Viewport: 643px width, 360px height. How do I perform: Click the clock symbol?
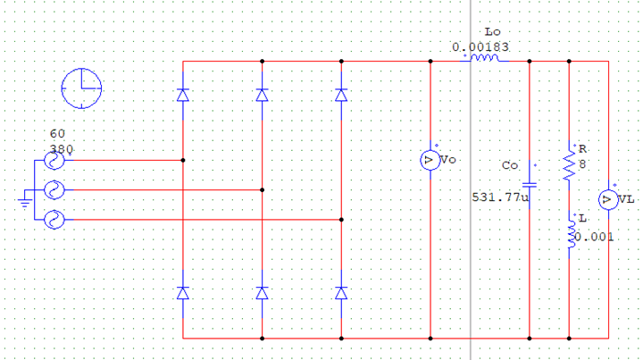click(81, 88)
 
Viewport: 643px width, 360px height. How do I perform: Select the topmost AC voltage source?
click(54, 160)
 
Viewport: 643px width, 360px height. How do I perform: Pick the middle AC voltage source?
click(54, 190)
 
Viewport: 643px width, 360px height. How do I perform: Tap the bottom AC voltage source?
click(54, 220)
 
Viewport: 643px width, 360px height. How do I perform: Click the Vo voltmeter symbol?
click(430, 160)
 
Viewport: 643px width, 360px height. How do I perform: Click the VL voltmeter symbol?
click(608, 200)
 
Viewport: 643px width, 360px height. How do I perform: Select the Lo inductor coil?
click(485, 58)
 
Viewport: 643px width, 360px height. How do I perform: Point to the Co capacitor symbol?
click(530, 185)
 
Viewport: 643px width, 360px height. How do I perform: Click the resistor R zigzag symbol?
click(569, 165)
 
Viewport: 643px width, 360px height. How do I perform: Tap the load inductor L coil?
click(571, 235)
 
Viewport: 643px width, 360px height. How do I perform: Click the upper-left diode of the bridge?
click(183, 95)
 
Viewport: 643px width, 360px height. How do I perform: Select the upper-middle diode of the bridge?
click(262, 95)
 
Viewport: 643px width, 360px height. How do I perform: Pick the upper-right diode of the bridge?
click(341, 95)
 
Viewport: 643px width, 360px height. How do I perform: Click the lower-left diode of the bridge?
click(183, 293)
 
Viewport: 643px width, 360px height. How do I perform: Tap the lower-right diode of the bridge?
click(341, 293)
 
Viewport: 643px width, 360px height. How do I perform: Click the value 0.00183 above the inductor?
click(480, 47)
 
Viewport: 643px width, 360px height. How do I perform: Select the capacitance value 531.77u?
click(500, 197)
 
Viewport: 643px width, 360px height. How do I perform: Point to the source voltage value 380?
click(62, 149)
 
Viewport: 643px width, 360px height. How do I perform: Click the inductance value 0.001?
click(594, 237)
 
